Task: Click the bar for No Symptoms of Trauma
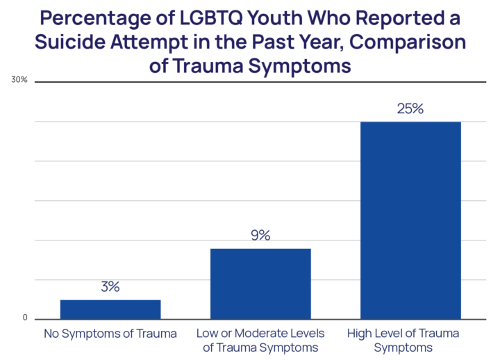click(x=110, y=309)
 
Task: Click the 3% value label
click(x=110, y=286)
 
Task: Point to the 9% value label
click(x=260, y=235)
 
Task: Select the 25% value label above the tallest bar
click(x=410, y=109)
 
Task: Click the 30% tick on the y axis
click(x=19, y=81)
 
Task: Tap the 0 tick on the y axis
click(x=24, y=319)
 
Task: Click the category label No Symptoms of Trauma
click(x=110, y=334)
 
